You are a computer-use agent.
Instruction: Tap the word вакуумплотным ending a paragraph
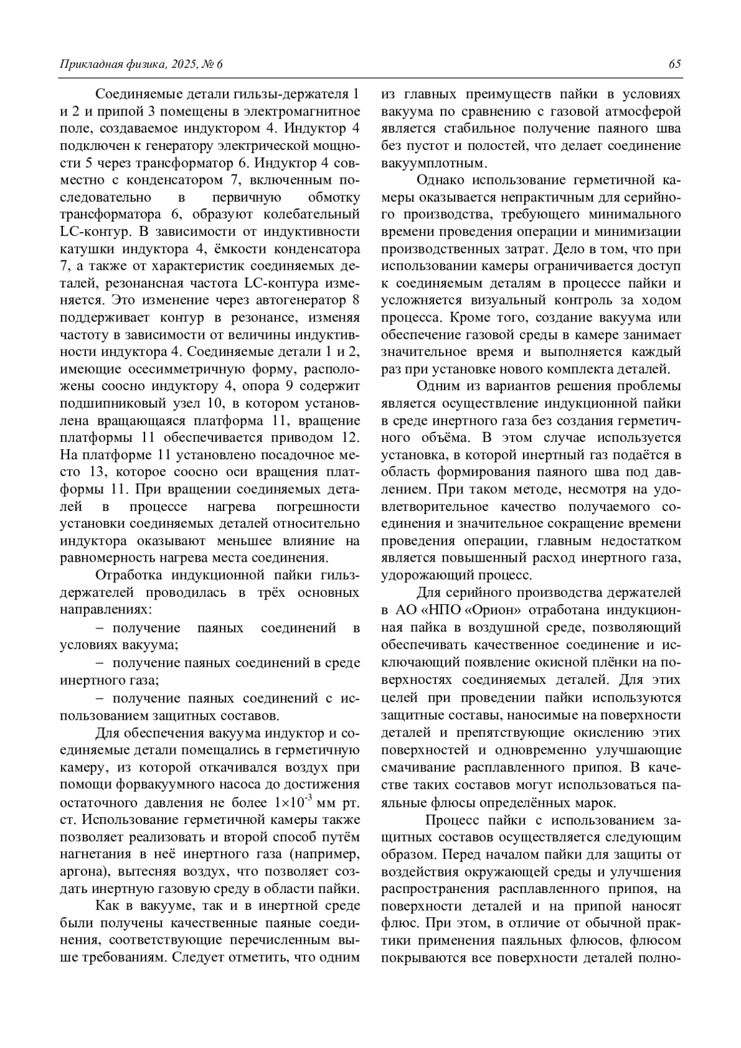tap(434, 164)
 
